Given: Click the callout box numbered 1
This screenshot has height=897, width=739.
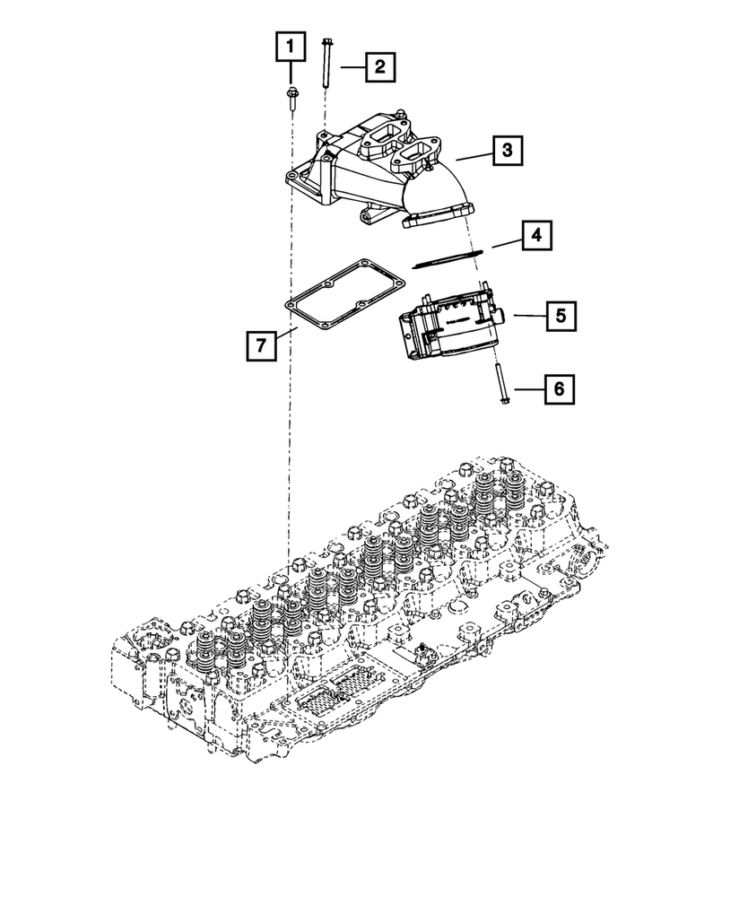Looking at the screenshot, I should [x=291, y=45].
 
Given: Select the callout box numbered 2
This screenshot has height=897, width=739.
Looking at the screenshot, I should [x=379, y=65].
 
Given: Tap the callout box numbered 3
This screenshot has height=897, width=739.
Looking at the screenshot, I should [x=507, y=151].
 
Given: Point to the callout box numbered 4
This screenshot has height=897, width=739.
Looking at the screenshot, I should [x=535, y=237].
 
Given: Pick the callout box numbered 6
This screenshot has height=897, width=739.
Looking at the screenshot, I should [x=558, y=388].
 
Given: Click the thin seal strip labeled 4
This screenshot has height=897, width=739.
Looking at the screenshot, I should [x=448, y=257].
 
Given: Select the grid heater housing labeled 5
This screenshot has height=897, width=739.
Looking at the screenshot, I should [x=446, y=329].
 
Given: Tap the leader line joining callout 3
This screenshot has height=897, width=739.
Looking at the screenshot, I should [x=472, y=155].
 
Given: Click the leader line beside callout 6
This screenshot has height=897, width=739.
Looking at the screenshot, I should [x=526, y=388].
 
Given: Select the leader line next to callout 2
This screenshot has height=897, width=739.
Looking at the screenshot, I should [x=352, y=65].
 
